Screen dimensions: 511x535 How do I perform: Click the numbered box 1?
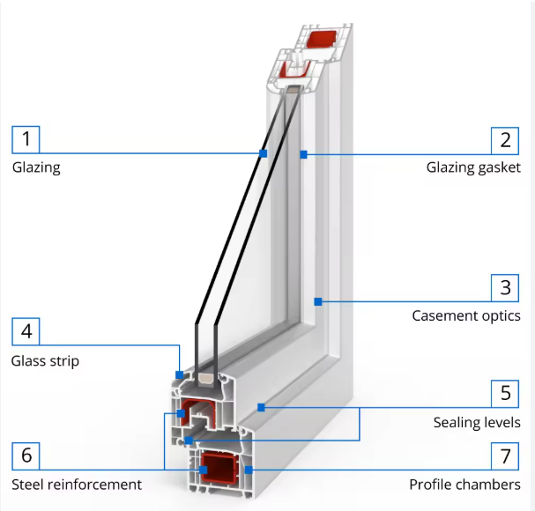[26, 139]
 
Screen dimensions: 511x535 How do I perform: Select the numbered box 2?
[505, 139]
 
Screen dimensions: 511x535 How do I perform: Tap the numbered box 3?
[505, 288]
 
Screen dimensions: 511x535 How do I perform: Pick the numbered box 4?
[26, 332]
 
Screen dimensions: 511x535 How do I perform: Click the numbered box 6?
[26, 455]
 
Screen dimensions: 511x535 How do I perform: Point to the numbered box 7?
[505, 455]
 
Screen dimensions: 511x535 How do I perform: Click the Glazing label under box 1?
[36, 167]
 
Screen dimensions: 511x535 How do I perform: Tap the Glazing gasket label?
[473, 167]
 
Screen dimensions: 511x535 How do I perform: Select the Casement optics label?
[466, 315]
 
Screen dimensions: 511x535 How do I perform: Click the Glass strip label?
[45, 360]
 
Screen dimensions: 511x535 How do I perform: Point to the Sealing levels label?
[477, 422]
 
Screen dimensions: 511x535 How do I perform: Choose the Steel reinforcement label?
[77, 484]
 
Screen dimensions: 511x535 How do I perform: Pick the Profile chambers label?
[471, 484]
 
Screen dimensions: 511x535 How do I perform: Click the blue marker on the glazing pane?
[263, 154]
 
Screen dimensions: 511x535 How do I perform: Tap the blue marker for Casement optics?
[318, 302]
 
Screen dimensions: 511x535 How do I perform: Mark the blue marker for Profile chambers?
[249, 470]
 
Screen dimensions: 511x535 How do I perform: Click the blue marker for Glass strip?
[180, 374]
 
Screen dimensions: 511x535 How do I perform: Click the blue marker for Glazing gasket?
[302, 154]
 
